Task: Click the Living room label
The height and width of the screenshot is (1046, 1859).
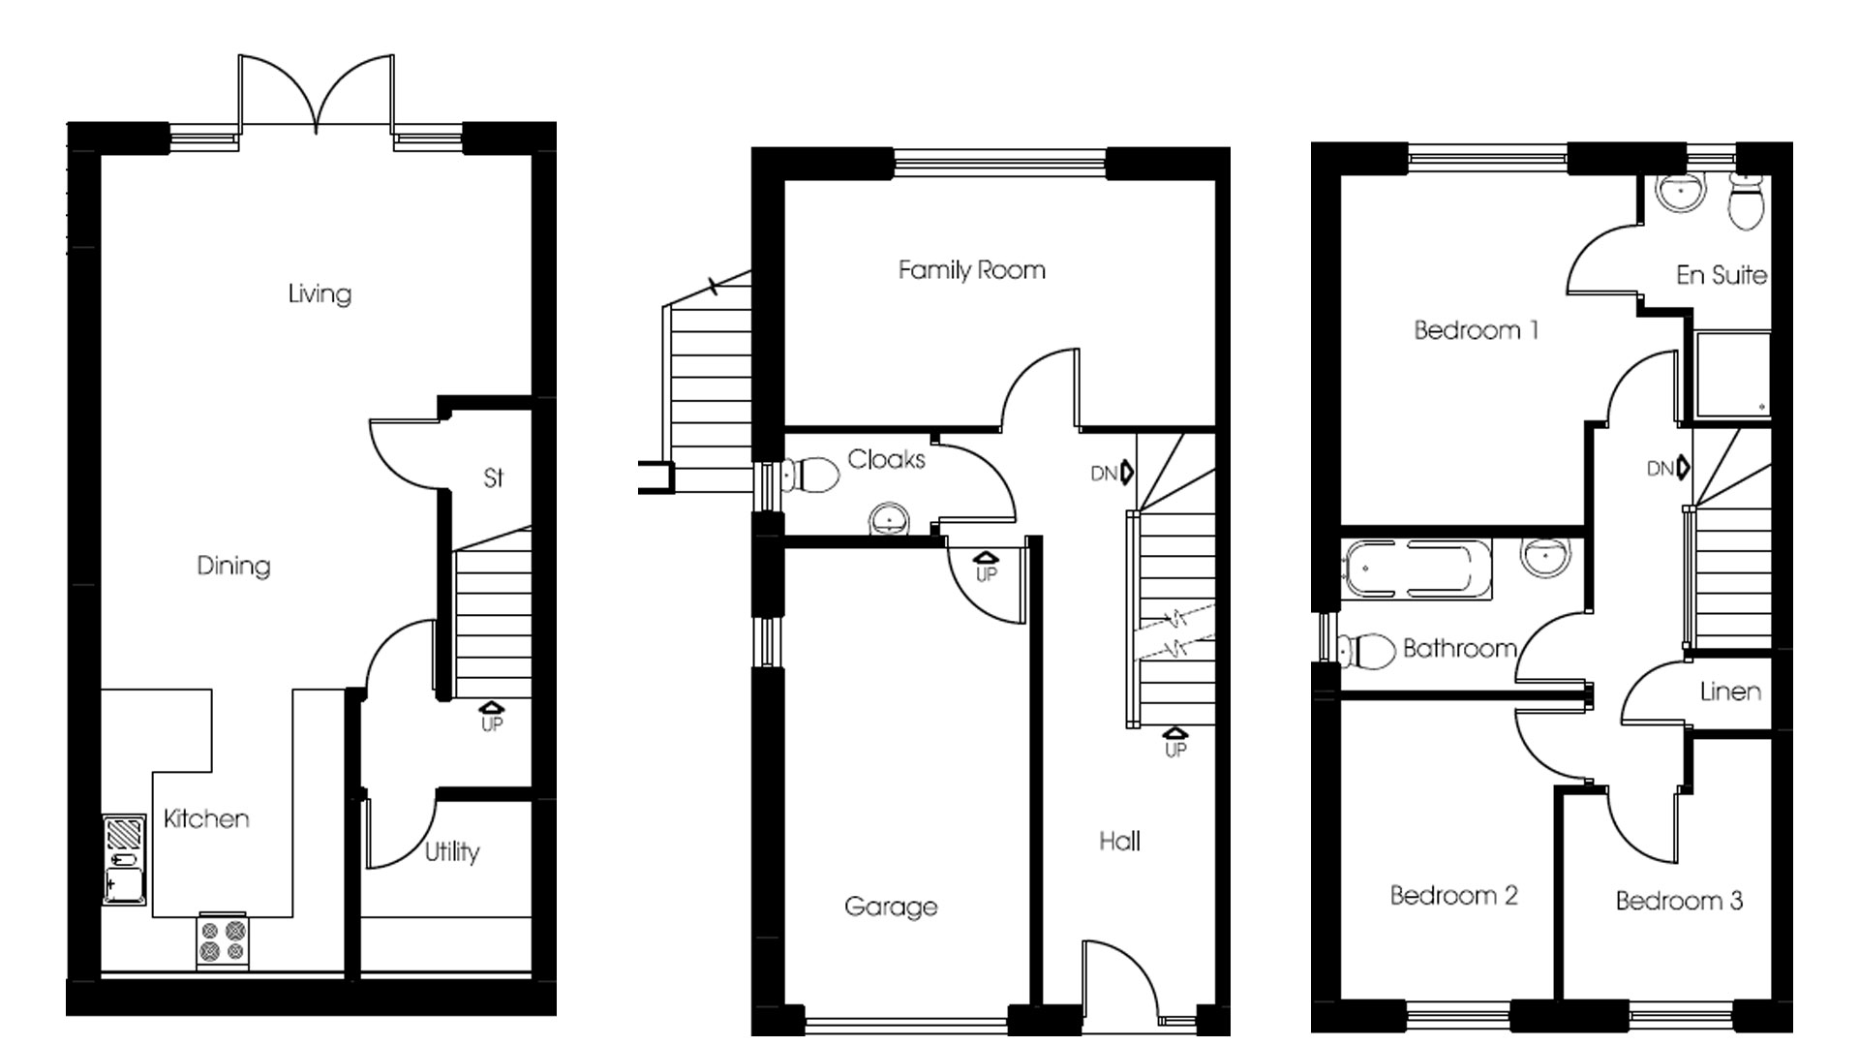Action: pos(320,293)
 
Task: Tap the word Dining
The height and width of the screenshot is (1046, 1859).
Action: pos(233,566)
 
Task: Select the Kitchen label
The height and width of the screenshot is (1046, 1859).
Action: pos(206,819)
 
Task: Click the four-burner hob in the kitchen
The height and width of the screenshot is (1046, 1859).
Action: pos(223,940)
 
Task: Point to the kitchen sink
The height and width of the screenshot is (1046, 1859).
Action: pos(125,860)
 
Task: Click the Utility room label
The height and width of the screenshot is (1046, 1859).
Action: pos(452,852)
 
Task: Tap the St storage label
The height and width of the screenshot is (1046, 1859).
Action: pos(494,477)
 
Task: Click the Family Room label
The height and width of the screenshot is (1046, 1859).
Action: pos(971,270)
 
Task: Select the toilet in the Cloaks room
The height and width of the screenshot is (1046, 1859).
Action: pos(814,475)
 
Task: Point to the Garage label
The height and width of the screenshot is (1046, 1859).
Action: pos(891,908)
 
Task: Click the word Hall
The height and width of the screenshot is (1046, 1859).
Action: pos(1119,842)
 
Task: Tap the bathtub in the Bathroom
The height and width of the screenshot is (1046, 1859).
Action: pos(1416,568)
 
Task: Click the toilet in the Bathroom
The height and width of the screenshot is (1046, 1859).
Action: pos(1367,650)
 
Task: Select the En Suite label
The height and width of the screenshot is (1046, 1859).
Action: pos(1722,276)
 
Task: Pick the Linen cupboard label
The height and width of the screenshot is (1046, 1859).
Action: pos(1730,692)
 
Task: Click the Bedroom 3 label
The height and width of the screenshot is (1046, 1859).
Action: pos(1679,902)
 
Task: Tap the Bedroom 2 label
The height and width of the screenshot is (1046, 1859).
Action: pos(1453,896)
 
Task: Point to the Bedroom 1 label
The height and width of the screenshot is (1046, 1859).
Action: pos(1476,331)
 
